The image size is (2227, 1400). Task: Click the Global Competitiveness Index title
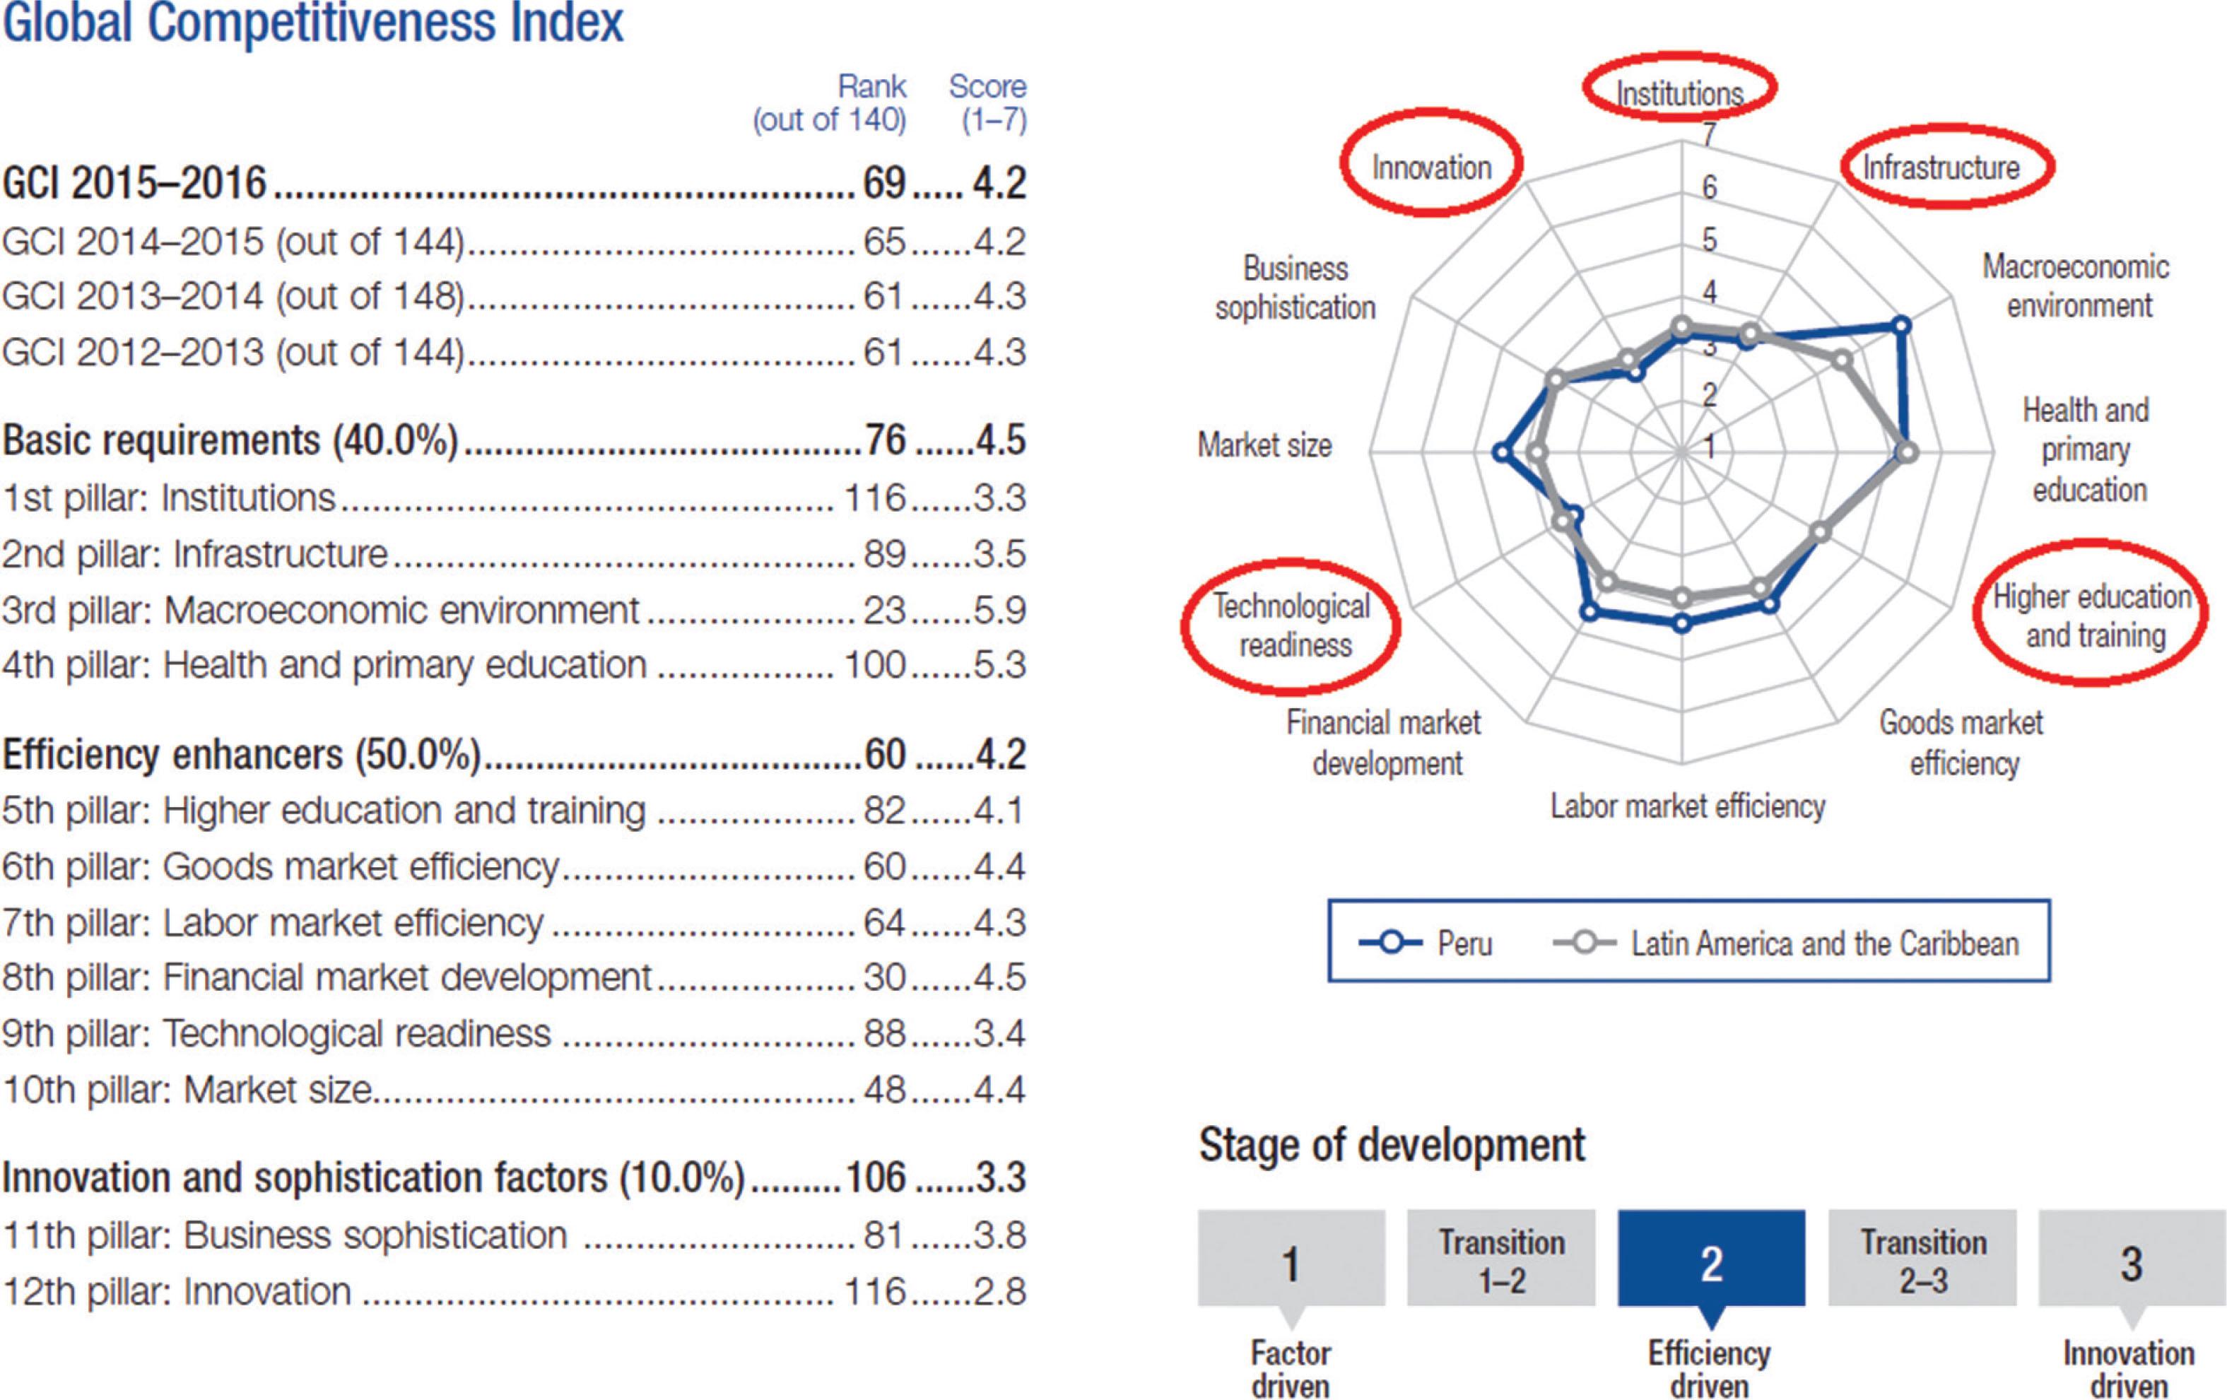(312, 23)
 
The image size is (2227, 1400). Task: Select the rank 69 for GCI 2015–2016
(883, 183)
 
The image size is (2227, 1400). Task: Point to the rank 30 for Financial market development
(883, 977)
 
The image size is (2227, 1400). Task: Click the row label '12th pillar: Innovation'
(177, 1291)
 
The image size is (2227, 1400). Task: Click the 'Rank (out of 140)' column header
(830, 102)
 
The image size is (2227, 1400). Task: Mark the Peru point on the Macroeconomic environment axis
(1900, 324)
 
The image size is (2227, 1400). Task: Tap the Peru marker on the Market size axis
(1502, 453)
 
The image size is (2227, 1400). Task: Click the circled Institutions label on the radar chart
(1679, 93)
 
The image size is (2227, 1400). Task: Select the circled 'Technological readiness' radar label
(1292, 625)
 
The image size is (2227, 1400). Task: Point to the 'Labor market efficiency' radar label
(1688, 806)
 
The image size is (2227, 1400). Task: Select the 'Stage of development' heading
(1392, 1145)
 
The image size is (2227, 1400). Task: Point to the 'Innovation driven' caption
(2129, 1369)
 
